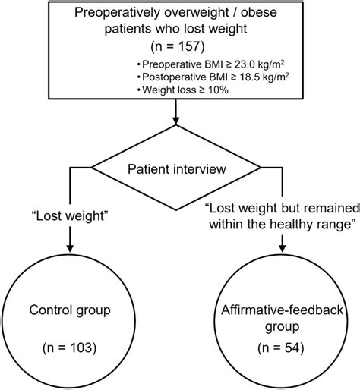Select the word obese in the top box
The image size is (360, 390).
[272, 15]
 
